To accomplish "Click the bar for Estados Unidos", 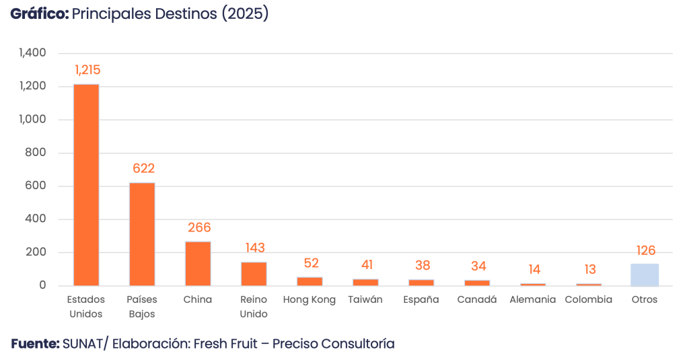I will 86,184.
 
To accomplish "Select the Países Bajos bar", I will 142,233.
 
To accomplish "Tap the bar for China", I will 198,263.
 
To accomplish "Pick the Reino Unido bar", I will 254,273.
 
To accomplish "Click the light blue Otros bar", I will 645,275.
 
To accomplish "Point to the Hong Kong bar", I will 310,281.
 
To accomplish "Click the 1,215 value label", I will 87,70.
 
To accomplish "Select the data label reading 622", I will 143,168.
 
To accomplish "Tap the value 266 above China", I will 199,227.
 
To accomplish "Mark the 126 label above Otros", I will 645,250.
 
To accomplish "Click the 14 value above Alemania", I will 534,269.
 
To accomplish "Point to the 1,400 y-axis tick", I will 32,53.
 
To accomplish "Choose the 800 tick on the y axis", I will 36,153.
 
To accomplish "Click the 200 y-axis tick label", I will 36,252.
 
